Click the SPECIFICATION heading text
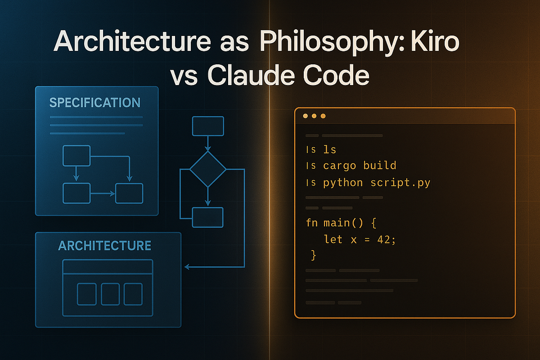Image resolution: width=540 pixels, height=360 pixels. [95, 103]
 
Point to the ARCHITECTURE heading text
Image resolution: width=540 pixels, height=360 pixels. [105, 246]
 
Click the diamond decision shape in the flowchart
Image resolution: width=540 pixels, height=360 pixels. [207, 169]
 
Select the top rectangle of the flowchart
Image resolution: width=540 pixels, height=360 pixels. [208, 126]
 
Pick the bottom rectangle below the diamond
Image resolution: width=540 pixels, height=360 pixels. [207, 217]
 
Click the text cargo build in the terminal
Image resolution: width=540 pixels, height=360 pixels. [360, 166]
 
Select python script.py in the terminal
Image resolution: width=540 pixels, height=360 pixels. [377, 183]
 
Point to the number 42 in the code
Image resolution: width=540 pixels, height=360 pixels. [385, 239]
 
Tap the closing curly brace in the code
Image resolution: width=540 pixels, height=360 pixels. [314, 256]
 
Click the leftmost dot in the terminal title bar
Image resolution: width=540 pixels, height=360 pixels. [306, 116]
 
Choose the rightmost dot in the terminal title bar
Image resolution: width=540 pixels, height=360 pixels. [323, 116]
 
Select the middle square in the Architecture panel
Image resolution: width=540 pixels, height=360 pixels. [110, 294]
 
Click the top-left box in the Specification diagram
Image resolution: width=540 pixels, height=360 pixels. [76, 156]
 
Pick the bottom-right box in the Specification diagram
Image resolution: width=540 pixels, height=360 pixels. [129, 193]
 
